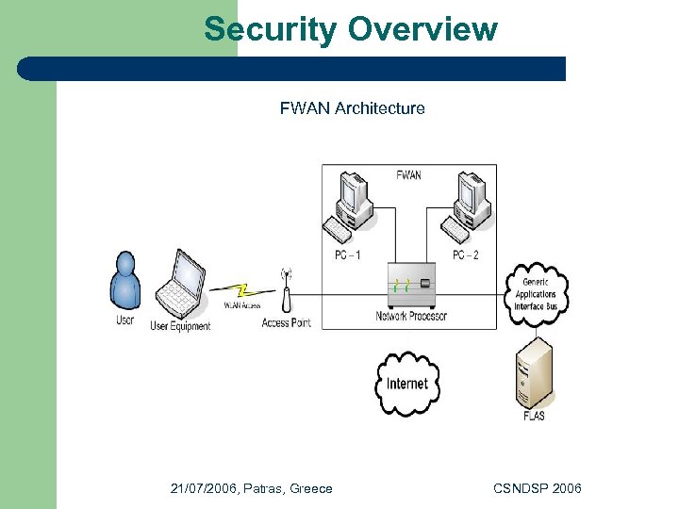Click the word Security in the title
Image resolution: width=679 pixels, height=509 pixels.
click(270, 29)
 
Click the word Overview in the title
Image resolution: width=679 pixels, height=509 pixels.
click(422, 29)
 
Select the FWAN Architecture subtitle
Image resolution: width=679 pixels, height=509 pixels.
click(352, 108)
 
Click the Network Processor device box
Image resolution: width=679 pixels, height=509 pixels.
click(411, 285)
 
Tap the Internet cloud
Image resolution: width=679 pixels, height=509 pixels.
click(407, 384)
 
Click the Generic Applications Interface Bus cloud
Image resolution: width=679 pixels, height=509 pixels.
click(536, 294)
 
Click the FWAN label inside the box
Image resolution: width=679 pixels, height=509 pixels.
click(408, 175)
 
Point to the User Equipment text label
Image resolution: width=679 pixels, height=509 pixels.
click(180, 326)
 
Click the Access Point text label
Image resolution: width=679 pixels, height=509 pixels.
click(286, 323)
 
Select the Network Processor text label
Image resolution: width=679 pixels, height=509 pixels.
click(411, 316)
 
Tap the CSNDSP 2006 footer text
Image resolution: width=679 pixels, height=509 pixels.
click(538, 488)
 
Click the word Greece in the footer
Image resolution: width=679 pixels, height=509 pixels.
click(311, 488)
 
